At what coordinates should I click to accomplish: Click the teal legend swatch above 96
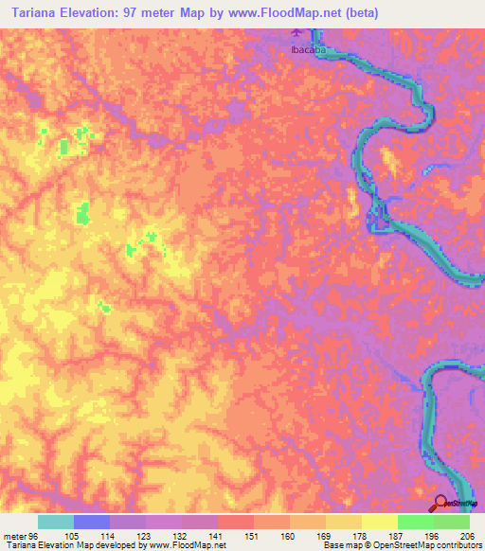56,522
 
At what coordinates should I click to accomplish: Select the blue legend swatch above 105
92,522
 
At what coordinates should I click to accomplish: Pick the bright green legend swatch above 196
416,522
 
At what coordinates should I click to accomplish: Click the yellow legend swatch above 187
380,522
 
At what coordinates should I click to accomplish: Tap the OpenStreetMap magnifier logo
442,503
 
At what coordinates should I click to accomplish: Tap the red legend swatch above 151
236,522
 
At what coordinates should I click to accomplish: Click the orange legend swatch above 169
308,522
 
